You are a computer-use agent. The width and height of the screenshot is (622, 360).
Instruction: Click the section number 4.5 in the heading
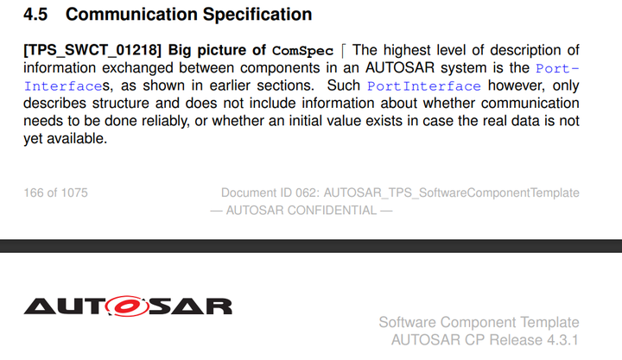37,15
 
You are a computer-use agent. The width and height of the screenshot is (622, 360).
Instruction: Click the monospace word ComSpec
302,51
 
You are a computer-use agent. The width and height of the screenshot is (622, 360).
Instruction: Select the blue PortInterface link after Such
423,86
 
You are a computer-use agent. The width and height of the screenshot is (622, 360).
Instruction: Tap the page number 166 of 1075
56,193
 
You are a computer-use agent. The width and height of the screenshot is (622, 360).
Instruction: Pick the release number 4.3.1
559,340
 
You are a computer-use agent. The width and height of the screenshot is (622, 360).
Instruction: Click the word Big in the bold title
181,50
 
